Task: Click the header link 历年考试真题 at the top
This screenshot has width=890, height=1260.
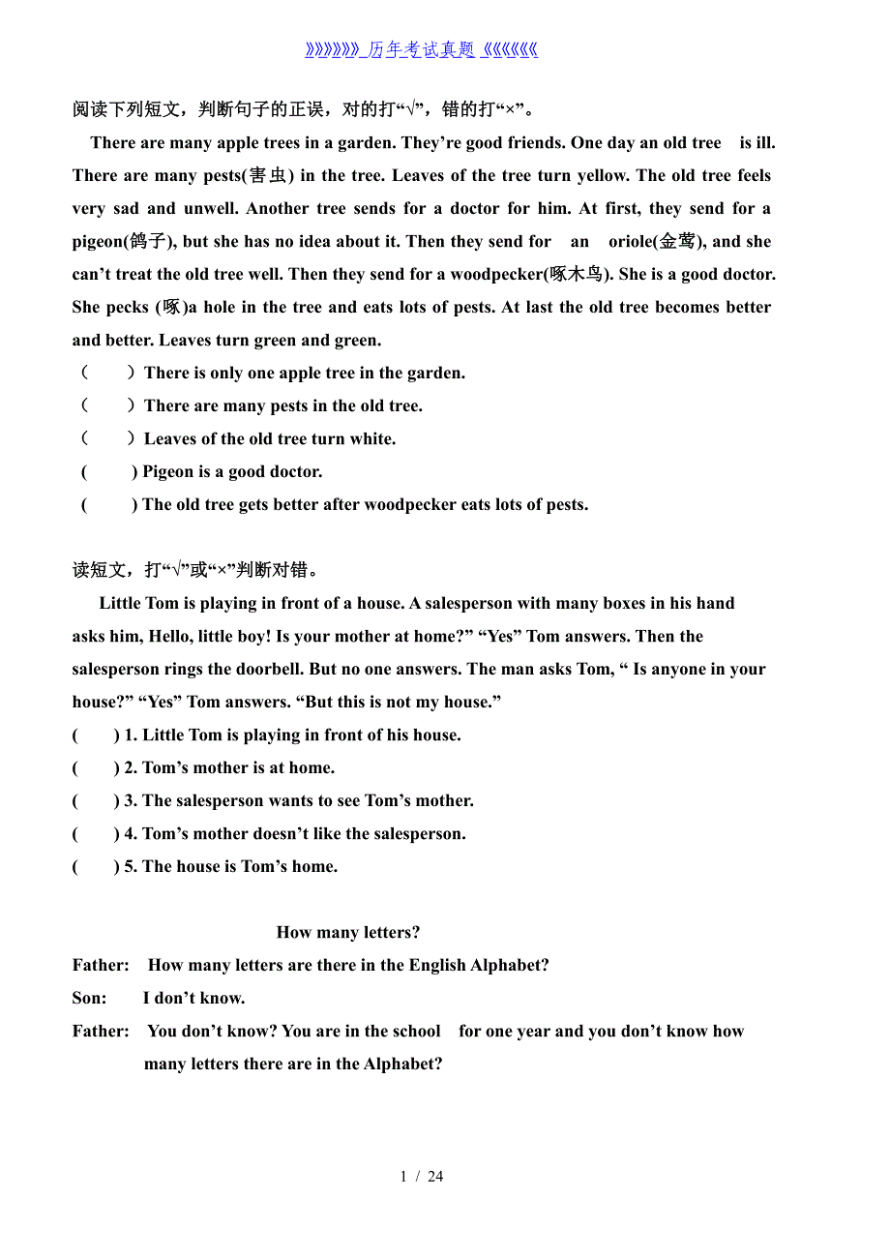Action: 421,50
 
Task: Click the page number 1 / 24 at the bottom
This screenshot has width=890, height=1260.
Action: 422,1176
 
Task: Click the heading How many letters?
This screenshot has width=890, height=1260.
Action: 348,932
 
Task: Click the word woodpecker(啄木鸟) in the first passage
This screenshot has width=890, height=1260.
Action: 531,274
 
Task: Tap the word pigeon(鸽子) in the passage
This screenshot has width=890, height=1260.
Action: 124,242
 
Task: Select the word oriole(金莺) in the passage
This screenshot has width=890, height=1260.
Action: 655,242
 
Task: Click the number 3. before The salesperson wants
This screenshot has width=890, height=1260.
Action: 131,800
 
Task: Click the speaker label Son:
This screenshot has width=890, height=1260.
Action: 89,998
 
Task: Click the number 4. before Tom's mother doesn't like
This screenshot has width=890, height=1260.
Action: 131,833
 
